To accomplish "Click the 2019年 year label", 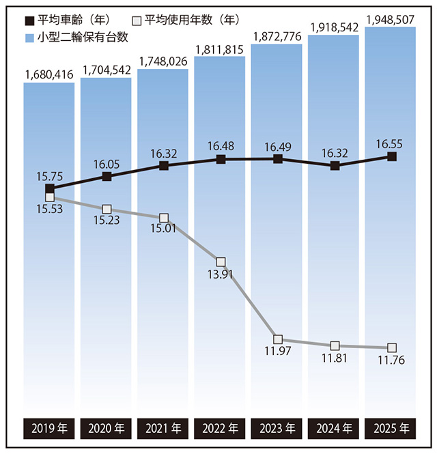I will tap(48, 429).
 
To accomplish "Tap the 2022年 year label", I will tap(220, 429).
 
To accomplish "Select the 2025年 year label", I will tap(391, 429).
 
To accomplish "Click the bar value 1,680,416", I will tap(48, 73).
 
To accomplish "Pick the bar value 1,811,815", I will tap(220, 48).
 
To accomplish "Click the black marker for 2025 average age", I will tap(391, 156).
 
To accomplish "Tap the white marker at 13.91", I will tap(220, 261).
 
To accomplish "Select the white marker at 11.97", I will tap(277, 339).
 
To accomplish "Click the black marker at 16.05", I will tap(107, 177).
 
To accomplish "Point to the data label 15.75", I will tap(49, 175).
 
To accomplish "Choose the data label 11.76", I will tap(391, 361).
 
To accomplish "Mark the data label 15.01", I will tap(164, 229).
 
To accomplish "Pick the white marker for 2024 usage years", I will tap(335, 346).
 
